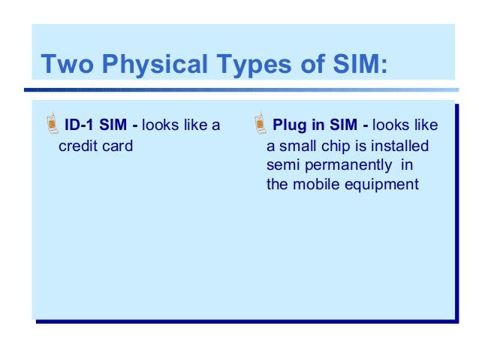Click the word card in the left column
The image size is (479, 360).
(117, 145)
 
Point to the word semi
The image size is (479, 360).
(282, 165)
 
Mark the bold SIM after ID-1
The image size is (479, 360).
(113, 125)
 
